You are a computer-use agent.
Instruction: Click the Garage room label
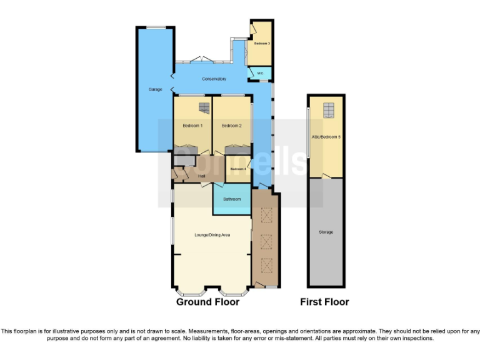155,89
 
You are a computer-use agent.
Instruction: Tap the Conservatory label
214,79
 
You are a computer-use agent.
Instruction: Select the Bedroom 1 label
192,126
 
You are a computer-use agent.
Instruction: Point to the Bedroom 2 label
231,126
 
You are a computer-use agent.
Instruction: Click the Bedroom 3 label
262,44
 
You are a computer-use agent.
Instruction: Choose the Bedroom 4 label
237,169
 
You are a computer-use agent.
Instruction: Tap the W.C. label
261,74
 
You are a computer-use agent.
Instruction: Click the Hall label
201,176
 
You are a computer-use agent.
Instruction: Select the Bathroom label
232,199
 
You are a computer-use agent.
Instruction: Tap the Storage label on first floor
326,232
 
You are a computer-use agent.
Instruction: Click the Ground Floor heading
207,302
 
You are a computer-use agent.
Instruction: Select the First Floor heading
324,302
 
